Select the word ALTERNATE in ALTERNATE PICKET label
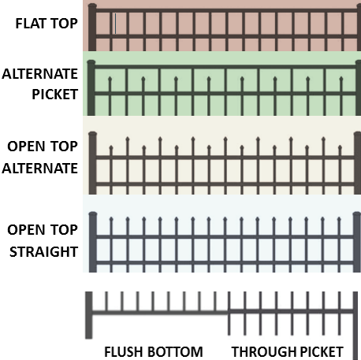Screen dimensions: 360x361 click(x=40, y=75)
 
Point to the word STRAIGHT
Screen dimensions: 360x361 click(x=43, y=251)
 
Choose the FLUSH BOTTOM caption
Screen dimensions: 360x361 click(x=154, y=351)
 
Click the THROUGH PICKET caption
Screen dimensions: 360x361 click(x=287, y=351)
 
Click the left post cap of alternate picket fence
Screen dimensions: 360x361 click(x=91, y=63)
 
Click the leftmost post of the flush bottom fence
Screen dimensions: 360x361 click(x=89, y=315)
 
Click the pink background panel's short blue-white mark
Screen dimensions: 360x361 click(x=115, y=24)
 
